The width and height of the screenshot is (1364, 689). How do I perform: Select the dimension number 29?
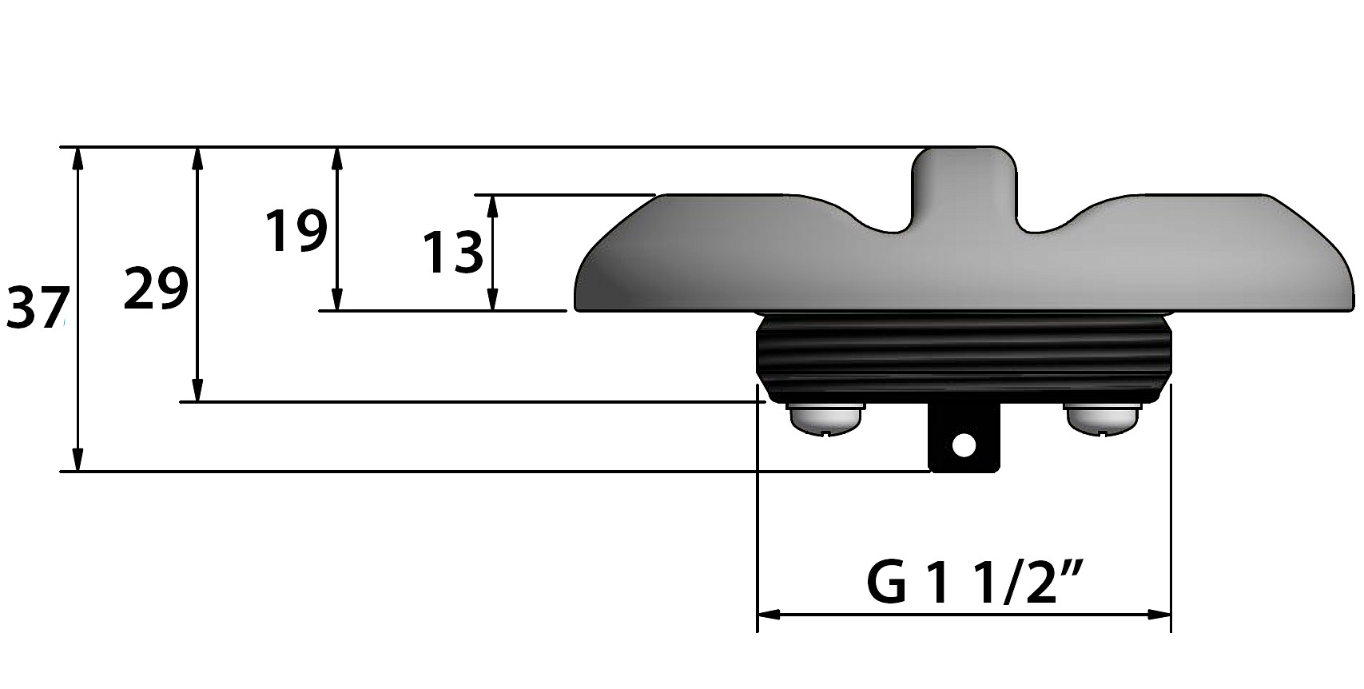[156, 289]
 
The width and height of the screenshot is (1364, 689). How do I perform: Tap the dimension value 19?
[296, 231]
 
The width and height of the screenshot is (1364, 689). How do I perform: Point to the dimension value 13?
[452, 253]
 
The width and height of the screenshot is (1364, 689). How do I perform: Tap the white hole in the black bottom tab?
[964, 446]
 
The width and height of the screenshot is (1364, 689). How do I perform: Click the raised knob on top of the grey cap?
[964, 183]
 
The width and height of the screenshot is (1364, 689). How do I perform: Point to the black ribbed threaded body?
[964, 360]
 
